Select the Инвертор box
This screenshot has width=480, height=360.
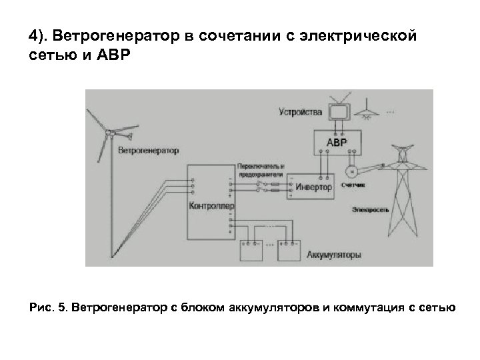pyautogui.click(x=314, y=187)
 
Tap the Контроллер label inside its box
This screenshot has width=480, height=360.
pyautogui.click(x=212, y=206)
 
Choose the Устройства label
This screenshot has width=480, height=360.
pyautogui.click(x=301, y=111)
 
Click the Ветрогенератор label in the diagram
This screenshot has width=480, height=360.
pyautogui.click(x=148, y=150)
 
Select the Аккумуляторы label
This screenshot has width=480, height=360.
pyautogui.click(x=334, y=255)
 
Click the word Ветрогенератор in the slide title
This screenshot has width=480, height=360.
pyautogui.click(x=102, y=35)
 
